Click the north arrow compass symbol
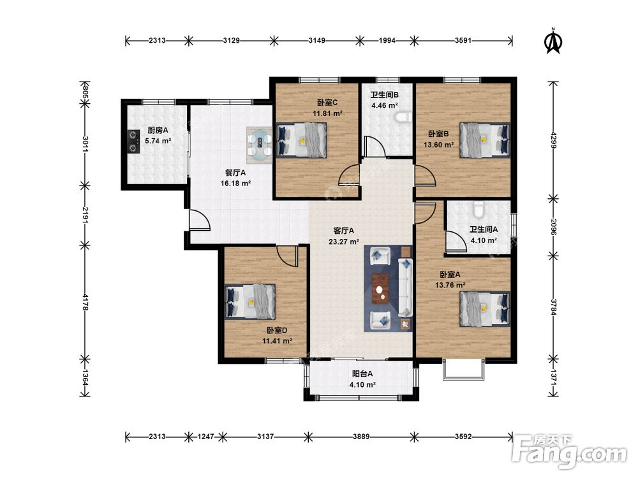tap(553, 41)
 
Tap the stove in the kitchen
tap(133, 141)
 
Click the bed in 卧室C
tap(302, 140)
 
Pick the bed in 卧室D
tap(250, 301)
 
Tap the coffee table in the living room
tap(381, 289)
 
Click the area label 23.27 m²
tap(344, 242)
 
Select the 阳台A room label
tap(362, 374)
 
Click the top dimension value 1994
tap(387, 40)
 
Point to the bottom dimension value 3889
tap(361, 437)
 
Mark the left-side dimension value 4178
tap(85, 302)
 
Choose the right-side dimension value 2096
tap(553, 228)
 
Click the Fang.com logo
tap(569, 451)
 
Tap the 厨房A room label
tap(158, 131)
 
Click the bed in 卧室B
tap(485, 140)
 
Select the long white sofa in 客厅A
tap(406, 287)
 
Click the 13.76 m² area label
tap(450, 286)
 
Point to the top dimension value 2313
tap(157, 40)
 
